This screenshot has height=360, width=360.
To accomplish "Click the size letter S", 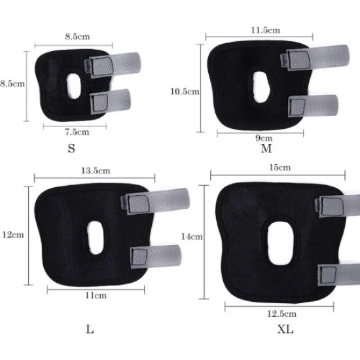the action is tap(71, 149).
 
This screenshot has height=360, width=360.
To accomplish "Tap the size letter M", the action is tap(266, 149).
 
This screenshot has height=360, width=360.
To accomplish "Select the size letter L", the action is tap(90, 330).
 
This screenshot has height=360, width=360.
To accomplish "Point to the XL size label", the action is tap(285, 329).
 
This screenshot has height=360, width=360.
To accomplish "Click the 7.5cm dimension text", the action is tap(77, 132).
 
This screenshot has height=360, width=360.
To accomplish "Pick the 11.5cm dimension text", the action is tap(265, 30).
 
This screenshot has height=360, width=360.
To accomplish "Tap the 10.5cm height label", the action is tap(185, 92).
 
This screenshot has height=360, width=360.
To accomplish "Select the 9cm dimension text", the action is tap(264, 138).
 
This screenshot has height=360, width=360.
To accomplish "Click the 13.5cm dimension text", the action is tap(96, 171).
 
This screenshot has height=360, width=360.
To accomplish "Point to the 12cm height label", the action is tap(13, 235).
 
